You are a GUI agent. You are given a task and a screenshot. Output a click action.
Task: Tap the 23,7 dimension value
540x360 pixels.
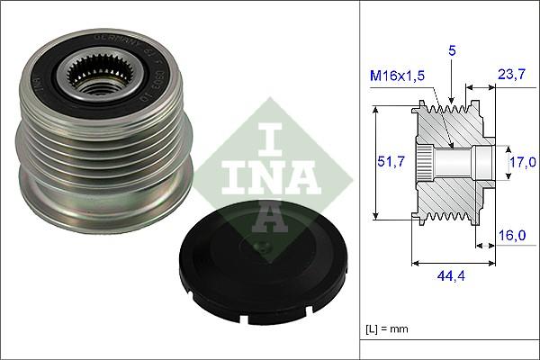point(511,77)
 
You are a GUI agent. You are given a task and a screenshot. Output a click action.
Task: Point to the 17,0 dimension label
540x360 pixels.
point(522,162)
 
